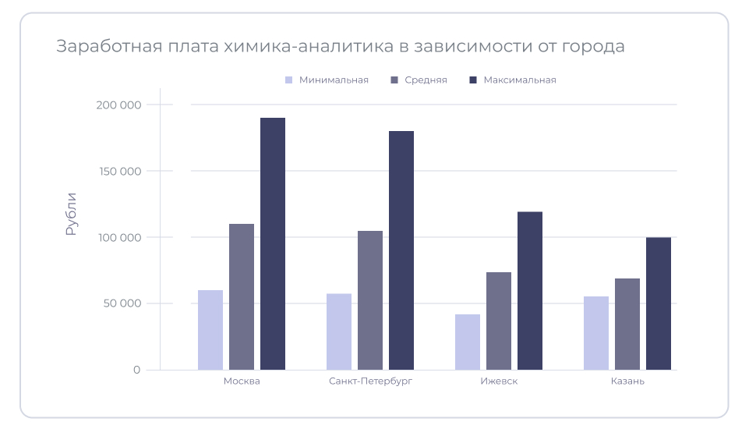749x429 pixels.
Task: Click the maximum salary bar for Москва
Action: coord(273,243)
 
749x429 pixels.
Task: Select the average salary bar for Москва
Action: coord(242,296)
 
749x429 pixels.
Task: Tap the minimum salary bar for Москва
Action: coord(210,330)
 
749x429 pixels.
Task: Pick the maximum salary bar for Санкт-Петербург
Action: coord(401,250)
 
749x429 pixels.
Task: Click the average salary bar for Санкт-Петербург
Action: coord(370,300)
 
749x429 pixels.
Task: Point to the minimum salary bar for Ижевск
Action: coord(468,342)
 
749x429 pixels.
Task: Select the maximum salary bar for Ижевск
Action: coord(530,290)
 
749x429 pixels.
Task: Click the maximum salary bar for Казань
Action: coord(659,303)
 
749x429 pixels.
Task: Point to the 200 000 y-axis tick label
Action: coord(118,105)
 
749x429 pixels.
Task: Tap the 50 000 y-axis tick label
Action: coord(121,303)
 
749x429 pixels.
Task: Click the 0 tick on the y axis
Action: coord(136,370)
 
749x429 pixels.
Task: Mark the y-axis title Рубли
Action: coord(71,214)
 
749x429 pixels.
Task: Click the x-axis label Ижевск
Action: coord(499,381)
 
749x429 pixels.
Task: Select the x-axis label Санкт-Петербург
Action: coord(370,381)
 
